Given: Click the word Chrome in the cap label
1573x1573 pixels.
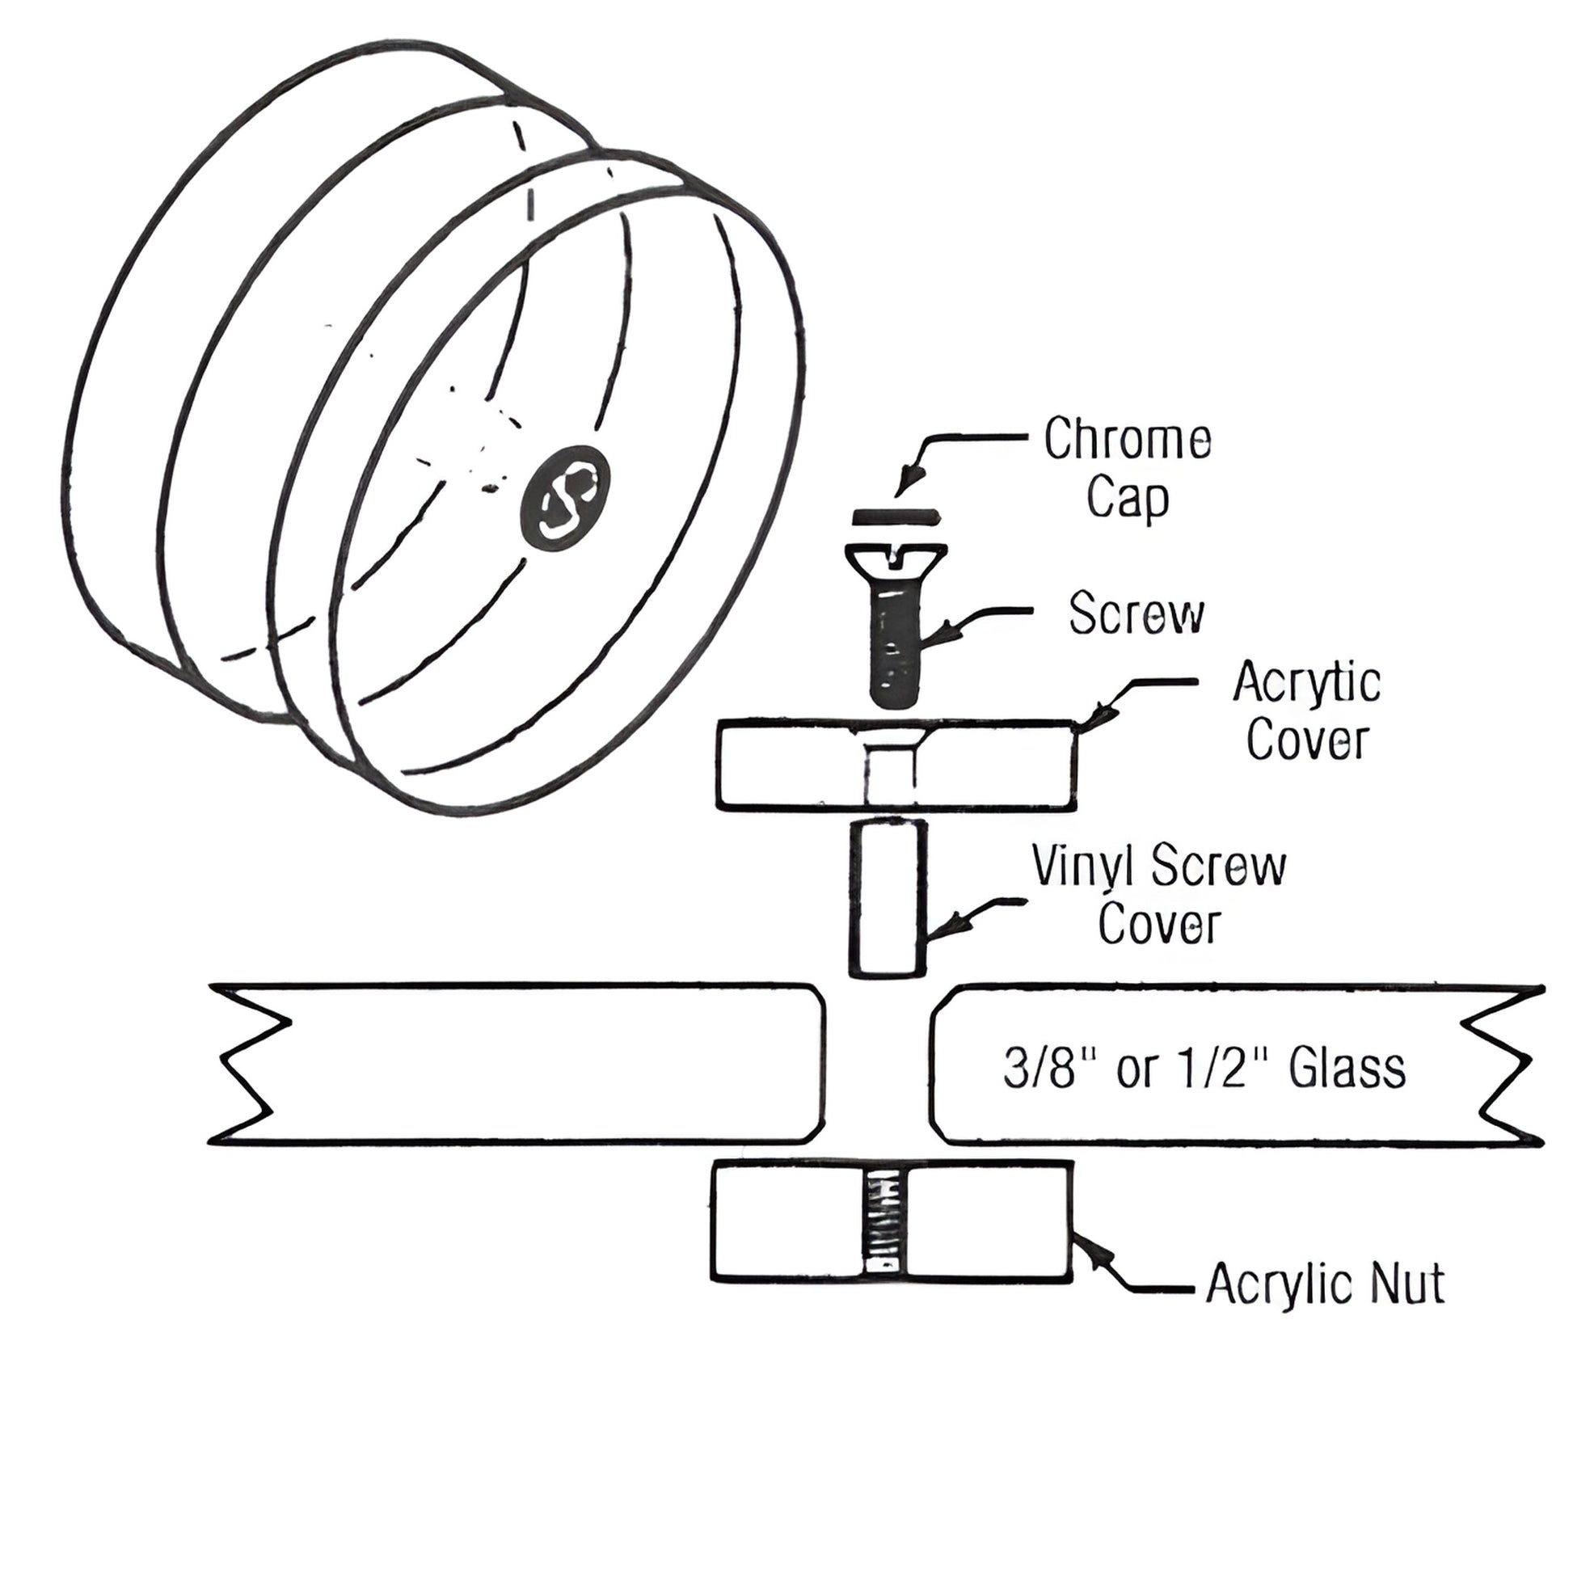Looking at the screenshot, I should click(x=1127, y=441).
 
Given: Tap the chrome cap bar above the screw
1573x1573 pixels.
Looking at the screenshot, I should click(x=896, y=517).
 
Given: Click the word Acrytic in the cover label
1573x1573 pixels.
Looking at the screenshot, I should click(x=1306, y=683).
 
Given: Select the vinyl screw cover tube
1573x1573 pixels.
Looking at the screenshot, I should click(x=888, y=899).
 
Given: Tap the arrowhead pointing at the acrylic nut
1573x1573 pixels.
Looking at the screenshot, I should click(x=1092, y=1252).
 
